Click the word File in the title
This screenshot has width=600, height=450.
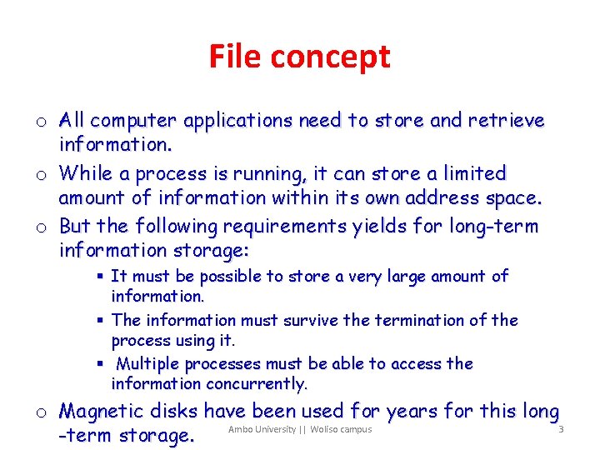tap(234, 57)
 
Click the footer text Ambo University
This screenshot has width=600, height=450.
tap(262, 429)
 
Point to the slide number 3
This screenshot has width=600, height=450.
tap(562, 430)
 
